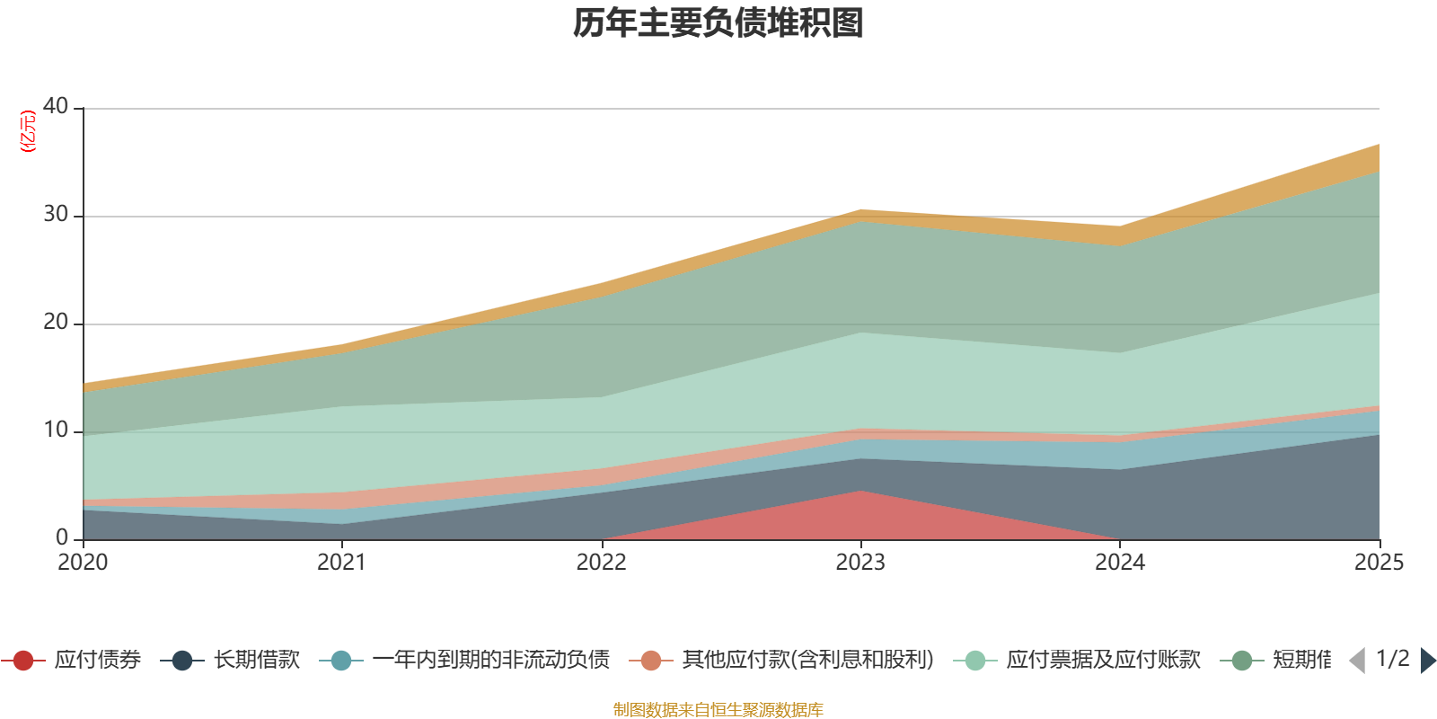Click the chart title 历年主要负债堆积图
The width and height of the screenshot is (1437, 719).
coord(718,23)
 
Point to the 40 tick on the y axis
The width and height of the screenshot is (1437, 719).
coord(56,106)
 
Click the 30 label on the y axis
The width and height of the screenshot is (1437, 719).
coord(56,214)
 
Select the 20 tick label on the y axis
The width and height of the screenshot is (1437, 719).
coord(56,322)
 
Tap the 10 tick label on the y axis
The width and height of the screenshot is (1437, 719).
coord(56,430)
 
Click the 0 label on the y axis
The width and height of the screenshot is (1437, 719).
coord(62,537)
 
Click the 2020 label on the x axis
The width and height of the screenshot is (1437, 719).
coord(83,563)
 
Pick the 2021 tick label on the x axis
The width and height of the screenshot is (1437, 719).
coord(341,563)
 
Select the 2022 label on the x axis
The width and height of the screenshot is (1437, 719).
coord(601,563)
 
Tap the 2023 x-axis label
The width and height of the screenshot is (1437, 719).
coord(860,563)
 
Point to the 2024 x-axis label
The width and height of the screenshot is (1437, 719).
coord(1119,563)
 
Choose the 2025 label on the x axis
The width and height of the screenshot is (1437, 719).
coord(1379,563)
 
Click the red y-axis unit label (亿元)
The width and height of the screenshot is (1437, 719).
coord(28,131)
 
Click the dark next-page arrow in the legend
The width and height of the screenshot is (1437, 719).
coord(1427,661)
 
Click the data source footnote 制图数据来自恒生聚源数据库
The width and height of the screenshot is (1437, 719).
coord(718,710)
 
